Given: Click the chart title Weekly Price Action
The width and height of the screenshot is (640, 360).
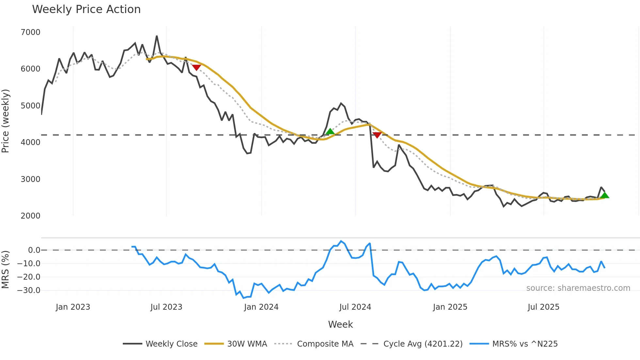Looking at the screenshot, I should point(86,9).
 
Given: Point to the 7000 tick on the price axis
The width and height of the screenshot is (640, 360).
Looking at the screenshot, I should point(30,32).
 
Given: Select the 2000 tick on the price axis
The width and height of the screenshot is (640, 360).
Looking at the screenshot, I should point(30,216).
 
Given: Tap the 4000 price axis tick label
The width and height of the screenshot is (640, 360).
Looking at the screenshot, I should point(30,142).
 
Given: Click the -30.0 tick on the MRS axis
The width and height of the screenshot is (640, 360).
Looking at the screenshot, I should point(29,290).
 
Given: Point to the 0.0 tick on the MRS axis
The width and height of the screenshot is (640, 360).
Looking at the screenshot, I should point(34,250).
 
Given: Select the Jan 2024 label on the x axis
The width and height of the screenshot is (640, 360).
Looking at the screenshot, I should point(261,307).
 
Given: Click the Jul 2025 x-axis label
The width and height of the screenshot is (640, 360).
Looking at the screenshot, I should point(543,307).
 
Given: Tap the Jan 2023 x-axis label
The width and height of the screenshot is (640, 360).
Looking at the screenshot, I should point(73,307).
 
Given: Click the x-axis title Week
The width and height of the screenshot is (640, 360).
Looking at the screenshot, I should point(340,324).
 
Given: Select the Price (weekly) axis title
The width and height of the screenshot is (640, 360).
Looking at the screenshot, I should point(6,121).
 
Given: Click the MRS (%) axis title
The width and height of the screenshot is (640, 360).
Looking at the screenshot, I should point(6,270).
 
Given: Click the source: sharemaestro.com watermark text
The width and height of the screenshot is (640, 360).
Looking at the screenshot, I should point(578,288).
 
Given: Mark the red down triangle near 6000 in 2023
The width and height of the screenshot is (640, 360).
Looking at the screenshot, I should point(196,67).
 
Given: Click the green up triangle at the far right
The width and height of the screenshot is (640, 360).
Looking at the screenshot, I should point(605,195).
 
